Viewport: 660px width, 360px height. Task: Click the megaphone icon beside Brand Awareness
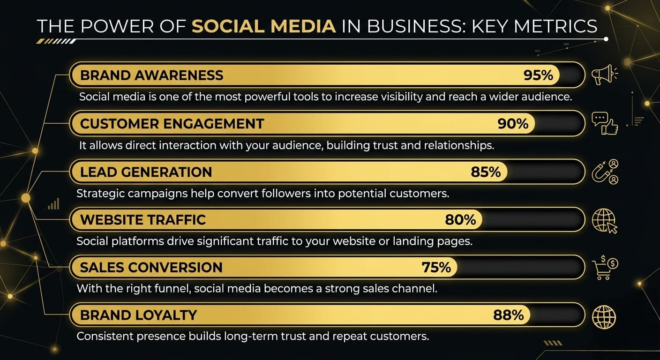(x=605, y=75)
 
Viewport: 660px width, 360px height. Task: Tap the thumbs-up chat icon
(x=605, y=123)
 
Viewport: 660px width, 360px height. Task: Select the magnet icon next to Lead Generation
(x=605, y=172)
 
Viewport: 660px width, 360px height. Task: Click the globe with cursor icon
(x=605, y=221)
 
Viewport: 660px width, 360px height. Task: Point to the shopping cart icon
(x=605, y=268)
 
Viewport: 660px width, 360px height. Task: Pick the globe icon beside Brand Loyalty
(x=604, y=317)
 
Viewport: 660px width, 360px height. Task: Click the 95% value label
(x=538, y=75)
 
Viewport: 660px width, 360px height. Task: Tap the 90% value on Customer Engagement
(x=513, y=124)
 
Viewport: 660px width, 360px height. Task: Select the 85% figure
(x=486, y=172)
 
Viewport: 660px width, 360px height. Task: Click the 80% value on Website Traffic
(x=460, y=220)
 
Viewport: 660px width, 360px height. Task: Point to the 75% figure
(x=436, y=268)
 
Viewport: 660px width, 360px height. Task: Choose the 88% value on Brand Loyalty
(x=509, y=315)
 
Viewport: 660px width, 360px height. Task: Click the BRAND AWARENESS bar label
(x=152, y=75)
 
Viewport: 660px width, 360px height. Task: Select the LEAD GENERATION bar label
(x=146, y=172)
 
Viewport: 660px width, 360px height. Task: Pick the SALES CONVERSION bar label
(x=151, y=268)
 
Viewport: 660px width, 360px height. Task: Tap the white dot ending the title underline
(x=606, y=39)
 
